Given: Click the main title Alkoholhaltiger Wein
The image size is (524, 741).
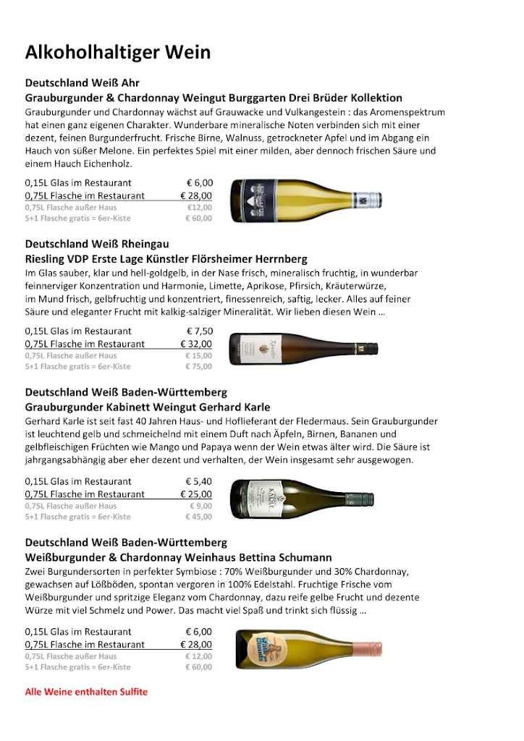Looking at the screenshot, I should click(118, 53).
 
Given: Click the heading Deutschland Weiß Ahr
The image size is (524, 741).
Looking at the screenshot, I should click(83, 83).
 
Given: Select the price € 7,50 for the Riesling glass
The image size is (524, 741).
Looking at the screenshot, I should click(199, 331).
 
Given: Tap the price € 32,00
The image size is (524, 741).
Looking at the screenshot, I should click(196, 344).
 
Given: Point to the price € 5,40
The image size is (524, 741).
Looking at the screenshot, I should click(199, 481).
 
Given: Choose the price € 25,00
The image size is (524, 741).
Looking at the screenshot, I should click(196, 494).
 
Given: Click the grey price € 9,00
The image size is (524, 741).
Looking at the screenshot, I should click(201, 507).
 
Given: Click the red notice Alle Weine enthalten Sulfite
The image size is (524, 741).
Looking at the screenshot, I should click(86, 692).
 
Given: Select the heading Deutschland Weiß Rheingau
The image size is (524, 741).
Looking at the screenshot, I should click(97, 245).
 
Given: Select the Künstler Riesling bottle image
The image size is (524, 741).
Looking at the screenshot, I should click(303, 349).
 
